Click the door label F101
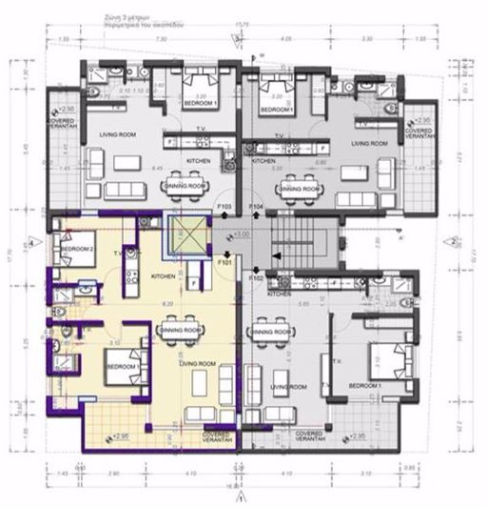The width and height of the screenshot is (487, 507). pos(224,259)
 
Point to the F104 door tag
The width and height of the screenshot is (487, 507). pos(256,206)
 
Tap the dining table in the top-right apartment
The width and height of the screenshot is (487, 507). pos(297,188)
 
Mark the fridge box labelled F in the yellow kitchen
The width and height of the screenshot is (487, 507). pos(193,283)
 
